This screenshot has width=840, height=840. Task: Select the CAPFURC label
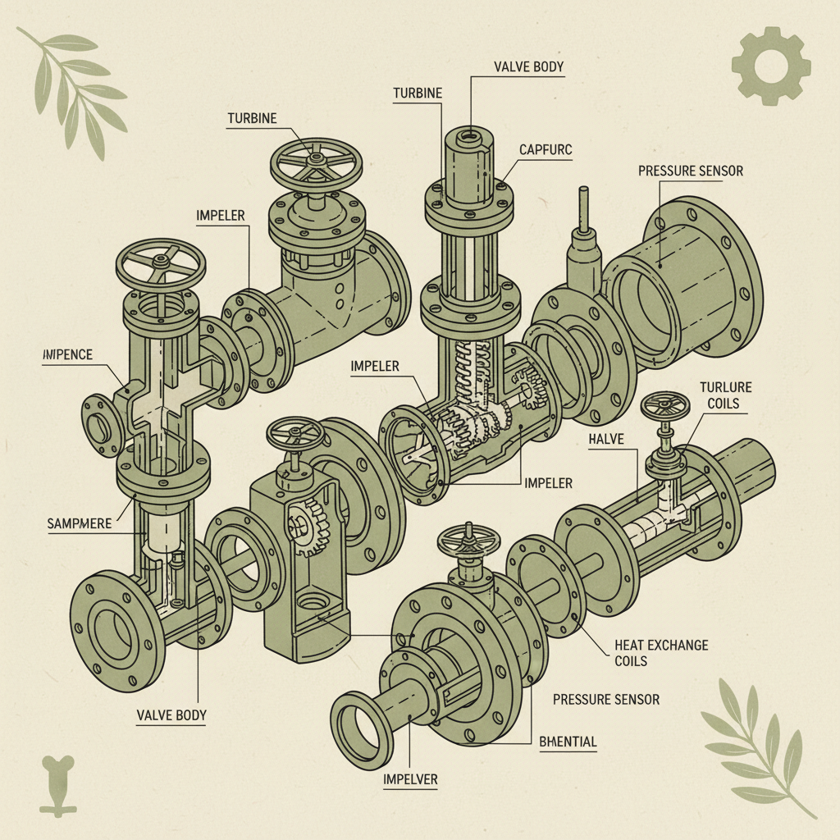(x=545, y=149)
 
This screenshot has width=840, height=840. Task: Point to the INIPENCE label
(x=66, y=354)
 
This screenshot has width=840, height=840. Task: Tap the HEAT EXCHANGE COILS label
(x=661, y=653)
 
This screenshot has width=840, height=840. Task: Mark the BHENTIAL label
(x=568, y=742)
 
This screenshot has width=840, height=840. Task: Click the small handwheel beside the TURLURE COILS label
(x=665, y=406)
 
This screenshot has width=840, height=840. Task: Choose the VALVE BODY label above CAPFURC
(x=528, y=66)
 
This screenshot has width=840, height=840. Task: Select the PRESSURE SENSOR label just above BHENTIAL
(x=605, y=699)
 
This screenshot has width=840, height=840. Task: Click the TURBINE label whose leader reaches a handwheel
(x=251, y=119)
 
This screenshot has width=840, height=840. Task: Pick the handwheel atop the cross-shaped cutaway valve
(x=161, y=262)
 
